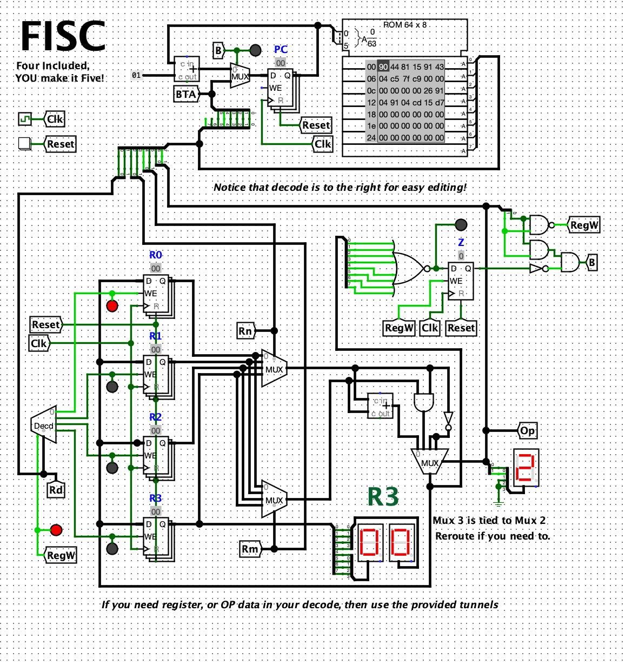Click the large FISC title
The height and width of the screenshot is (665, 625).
pos(63,36)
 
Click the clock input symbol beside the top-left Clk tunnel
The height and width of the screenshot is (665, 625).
pos(25,118)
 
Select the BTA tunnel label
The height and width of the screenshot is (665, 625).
pos(185,95)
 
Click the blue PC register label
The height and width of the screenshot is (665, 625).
pos(281,50)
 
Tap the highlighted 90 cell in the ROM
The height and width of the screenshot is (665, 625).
pos(383,66)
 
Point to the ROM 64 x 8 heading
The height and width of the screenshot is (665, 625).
pos(404,25)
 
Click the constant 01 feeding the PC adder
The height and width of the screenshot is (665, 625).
pos(136,75)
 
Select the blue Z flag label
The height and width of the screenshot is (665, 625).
pos(461,242)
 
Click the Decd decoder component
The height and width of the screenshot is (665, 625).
pos(44,425)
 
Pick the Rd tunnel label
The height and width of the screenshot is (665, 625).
pos(56,490)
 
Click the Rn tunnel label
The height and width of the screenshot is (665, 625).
pos(245,331)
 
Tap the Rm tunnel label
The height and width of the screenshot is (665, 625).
pos(250,549)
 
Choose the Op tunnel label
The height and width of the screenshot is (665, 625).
pos(528,431)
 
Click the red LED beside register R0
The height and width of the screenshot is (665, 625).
pos(112,307)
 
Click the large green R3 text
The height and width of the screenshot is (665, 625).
pos(383,497)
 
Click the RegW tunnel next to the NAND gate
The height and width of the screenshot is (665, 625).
pos(584,225)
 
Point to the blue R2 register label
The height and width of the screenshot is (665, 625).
pos(156,417)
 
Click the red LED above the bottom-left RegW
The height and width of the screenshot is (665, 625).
pos(56,529)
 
